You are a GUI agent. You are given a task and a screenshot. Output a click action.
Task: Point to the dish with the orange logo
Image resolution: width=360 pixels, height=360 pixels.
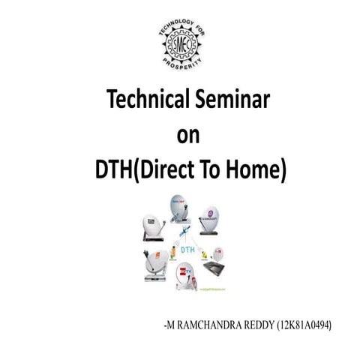coord(155,263)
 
